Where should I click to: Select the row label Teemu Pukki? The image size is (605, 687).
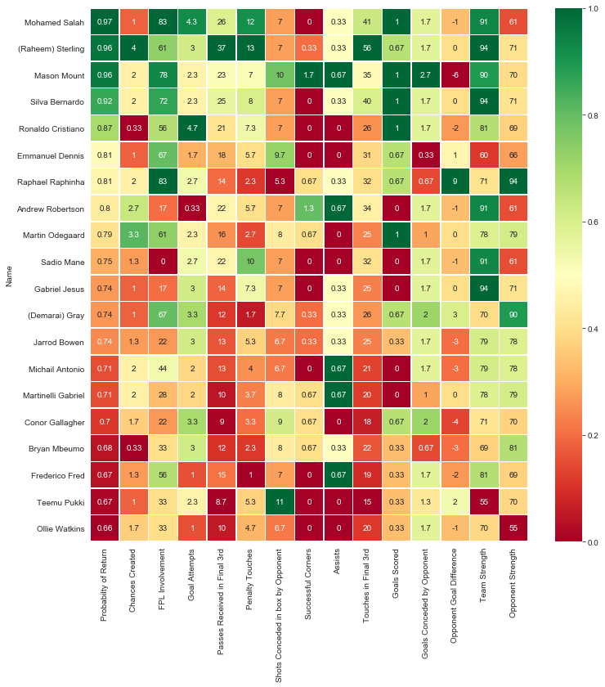click(x=59, y=501)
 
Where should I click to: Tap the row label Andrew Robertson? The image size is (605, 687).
click(x=51, y=209)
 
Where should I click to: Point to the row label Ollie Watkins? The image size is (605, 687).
click(x=58, y=528)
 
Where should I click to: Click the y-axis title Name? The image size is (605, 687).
click(x=7, y=275)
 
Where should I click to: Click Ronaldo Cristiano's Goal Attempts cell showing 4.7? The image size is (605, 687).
click(x=192, y=129)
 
